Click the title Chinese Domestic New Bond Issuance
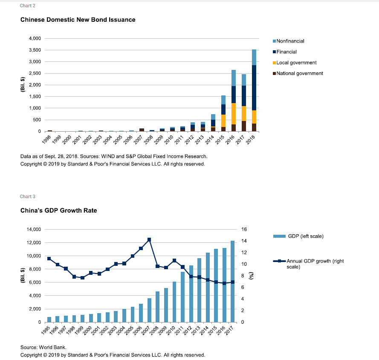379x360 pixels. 78,20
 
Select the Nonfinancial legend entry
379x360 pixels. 288,41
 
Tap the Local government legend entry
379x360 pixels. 295,63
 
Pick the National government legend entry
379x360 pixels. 298,73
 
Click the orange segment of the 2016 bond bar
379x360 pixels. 234,114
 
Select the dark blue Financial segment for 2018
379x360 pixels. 254,88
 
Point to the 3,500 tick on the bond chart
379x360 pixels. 35,50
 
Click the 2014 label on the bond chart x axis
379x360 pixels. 210,139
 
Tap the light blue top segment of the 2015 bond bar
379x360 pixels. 223,100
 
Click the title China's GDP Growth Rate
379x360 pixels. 58,210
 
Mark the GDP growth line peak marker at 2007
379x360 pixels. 149,240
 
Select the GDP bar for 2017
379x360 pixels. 232,282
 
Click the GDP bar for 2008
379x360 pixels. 158,307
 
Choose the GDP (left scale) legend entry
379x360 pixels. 298,236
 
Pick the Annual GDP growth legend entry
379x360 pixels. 308,264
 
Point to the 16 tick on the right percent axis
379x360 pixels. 244,229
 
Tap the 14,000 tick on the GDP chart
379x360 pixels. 34,229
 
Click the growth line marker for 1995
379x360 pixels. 49,259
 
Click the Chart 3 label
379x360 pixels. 28,196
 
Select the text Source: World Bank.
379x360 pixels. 43,348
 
